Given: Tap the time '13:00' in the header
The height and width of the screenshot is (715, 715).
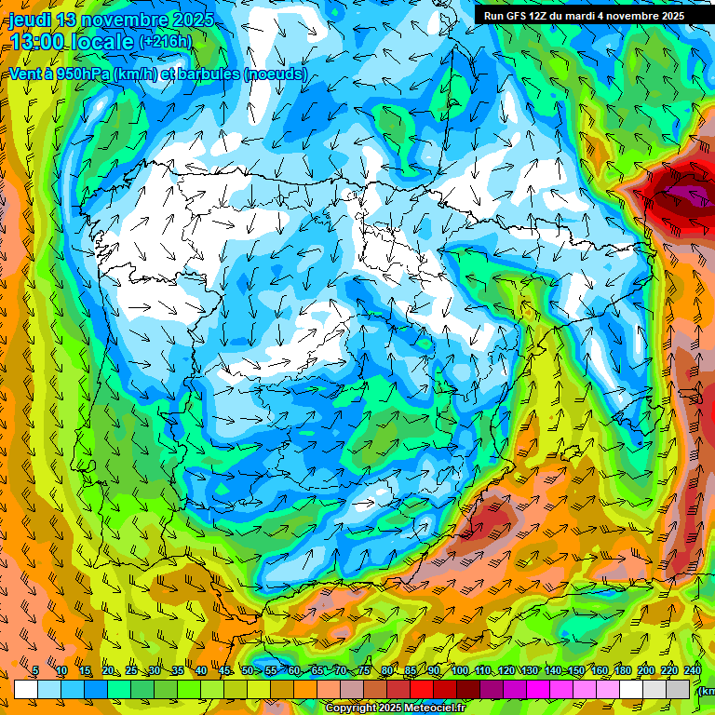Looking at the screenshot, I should click(x=36, y=41).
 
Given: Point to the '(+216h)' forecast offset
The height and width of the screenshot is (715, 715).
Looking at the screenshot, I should click(x=165, y=42).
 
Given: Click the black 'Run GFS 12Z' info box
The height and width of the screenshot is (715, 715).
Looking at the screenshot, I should click(x=584, y=16).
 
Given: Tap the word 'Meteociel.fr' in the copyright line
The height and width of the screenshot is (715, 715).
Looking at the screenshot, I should click(x=428, y=708).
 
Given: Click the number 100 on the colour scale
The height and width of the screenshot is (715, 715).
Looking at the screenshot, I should click(x=460, y=670).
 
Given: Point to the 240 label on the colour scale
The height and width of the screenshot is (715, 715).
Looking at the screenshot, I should click(x=692, y=670).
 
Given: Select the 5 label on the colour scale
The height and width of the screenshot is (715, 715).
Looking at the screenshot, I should click(x=35, y=670).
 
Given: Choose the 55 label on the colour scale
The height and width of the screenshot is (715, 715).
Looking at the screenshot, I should click(x=271, y=670).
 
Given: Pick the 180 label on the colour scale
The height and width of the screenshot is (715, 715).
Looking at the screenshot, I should click(x=622, y=670).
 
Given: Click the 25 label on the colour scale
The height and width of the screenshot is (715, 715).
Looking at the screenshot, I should click(x=131, y=670).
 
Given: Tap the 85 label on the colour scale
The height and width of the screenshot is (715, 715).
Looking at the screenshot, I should click(x=411, y=670).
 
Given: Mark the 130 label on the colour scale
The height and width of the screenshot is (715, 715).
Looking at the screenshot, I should click(x=530, y=670).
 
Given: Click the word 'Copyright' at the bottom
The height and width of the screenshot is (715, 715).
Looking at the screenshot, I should click(x=351, y=708).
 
